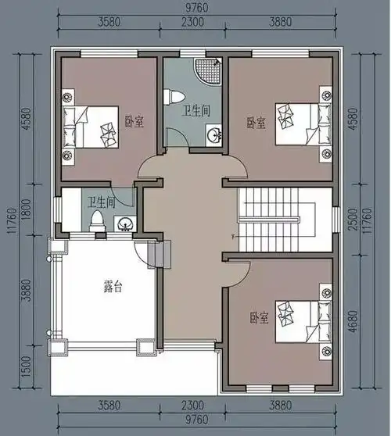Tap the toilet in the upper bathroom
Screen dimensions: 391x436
coord(174,97)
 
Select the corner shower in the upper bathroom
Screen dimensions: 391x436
coord(208,70)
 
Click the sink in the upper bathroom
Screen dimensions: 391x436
coord(213,135)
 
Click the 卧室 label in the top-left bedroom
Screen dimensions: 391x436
coord(135,122)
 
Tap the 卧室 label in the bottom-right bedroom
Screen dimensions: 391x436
coord(259,318)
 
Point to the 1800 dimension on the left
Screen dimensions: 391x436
coord(27,210)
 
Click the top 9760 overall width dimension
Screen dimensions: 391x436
coord(197,8)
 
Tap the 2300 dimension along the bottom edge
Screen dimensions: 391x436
coord(192,406)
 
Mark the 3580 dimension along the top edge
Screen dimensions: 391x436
coord(109,22)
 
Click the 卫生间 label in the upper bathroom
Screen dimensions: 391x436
coord(196,111)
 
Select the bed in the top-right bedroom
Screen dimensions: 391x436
coord(303,124)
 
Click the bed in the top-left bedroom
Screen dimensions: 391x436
coord(91,127)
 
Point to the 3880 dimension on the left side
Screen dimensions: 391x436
coord(27,290)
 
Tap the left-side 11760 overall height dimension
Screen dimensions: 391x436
coord(13,221)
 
